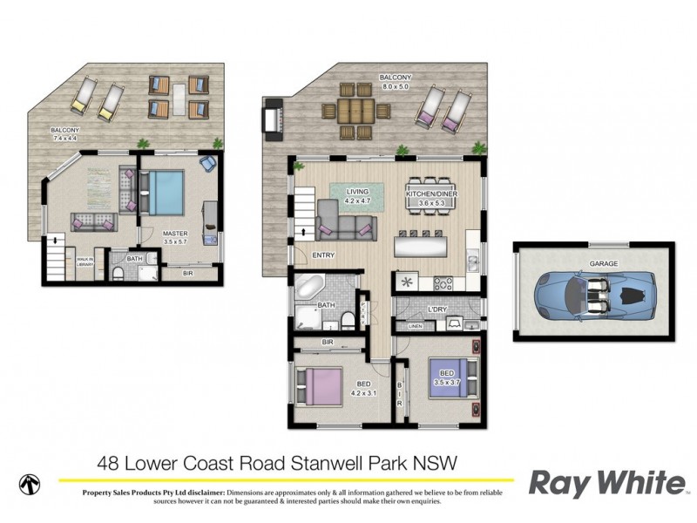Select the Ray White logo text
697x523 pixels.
pos(607,484)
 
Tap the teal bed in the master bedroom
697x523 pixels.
pos(164,192)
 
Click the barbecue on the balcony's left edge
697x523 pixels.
pos(273,117)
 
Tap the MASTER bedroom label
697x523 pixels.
pos(176,234)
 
